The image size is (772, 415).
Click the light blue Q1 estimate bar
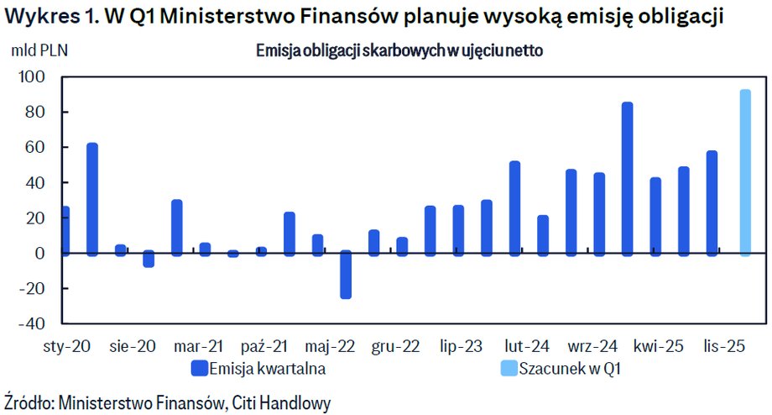pyautogui.click(x=744, y=171)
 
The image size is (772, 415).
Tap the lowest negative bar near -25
pyautogui.click(x=346, y=275)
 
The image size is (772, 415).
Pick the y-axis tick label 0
pyautogui.click(x=42, y=253)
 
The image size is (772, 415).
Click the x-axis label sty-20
pyautogui.click(x=66, y=345)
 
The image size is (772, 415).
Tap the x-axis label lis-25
pyautogui.click(x=724, y=345)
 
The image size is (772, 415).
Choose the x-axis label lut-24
pyautogui.click(x=527, y=345)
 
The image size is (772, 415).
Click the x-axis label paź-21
pyautogui.click(x=264, y=345)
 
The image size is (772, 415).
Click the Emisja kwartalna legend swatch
pyautogui.click(x=200, y=368)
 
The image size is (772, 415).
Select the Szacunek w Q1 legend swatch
pyautogui.click(x=509, y=368)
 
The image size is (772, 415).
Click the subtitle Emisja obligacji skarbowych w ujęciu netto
pyautogui.click(x=399, y=50)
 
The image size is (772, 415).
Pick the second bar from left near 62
pyautogui.click(x=92, y=198)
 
